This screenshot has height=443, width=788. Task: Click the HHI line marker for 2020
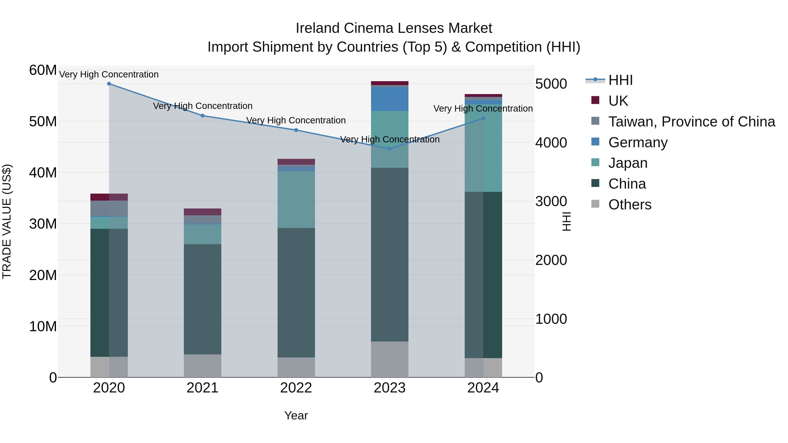coord(109,84)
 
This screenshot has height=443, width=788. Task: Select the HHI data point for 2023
coord(389,149)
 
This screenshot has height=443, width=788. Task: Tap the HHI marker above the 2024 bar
coord(483,118)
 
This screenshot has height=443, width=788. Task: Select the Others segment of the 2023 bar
coord(389,359)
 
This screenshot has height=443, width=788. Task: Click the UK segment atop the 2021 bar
coord(202,212)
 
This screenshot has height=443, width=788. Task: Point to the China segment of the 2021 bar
coord(202,299)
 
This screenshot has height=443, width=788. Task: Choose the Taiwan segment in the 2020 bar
coord(109,208)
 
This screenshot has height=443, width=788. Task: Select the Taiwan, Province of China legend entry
coord(691,122)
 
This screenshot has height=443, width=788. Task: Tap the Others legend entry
coord(630,205)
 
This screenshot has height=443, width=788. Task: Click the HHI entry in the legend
coord(620,80)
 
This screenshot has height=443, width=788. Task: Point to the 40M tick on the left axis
coord(43,173)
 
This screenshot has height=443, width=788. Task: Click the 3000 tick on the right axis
coord(551,201)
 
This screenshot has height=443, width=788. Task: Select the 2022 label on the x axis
coord(296,388)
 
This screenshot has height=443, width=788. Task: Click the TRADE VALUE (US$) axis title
coord(7,221)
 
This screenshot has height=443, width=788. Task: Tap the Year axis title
coord(296,415)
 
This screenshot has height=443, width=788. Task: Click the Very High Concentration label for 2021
coord(202,106)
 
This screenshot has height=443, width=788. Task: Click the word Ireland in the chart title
coord(318,28)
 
